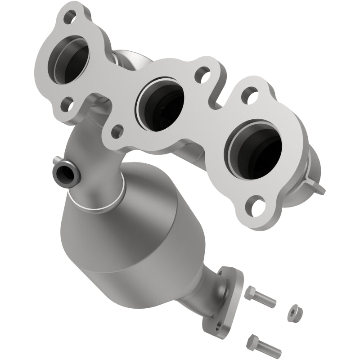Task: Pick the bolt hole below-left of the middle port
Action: pyautogui.click(x=117, y=131)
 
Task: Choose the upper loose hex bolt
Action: pyautogui.click(x=261, y=297)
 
